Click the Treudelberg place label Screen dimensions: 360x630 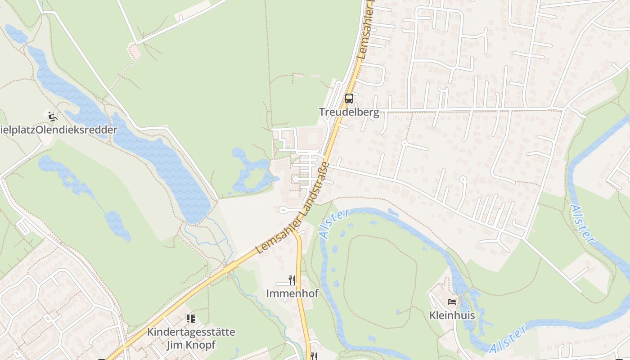pyautogui.click(x=349, y=112)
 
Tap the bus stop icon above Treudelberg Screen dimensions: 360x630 pyautogui.click(x=349, y=99)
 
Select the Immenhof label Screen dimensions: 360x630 pyautogui.click(x=292, y=293)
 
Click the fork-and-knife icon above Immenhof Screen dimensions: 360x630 pyautogui.click(x=292, y=280)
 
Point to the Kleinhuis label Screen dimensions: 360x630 pyautogui.click(x=452, y=315)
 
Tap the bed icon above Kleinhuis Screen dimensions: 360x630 pyautogui.click(x=452, y=302)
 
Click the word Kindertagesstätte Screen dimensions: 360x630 pyautogui.click(x=191, y=333)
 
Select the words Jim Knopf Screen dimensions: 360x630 pyautogui.click(x=191, y=345)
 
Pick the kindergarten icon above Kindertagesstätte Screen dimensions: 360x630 pyautogui.click(x=191, y=319)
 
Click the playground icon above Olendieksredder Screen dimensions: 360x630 pyautogui.click(x=53, y=116)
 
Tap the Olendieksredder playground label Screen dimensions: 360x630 pyautogui.click(x=58, y=130)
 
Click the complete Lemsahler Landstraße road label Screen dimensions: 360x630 pyautogui.click(x=293, y=208)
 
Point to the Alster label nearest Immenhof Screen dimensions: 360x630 pyautogui.click(x=333, y=224)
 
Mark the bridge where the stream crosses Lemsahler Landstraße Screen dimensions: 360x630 pyautogui.click(x=231, y=267)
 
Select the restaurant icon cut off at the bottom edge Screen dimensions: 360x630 pyautogui.click(x=314, y=356)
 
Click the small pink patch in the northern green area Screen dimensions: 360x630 pyautogui.click(x=135, y=50)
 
